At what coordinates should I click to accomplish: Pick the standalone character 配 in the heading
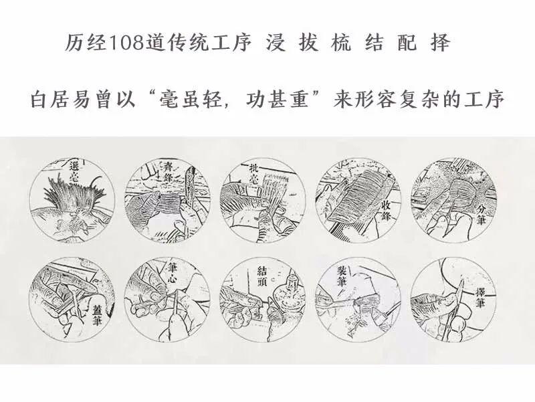tap(410, 45)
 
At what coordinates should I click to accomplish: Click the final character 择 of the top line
tap(441, 45)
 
